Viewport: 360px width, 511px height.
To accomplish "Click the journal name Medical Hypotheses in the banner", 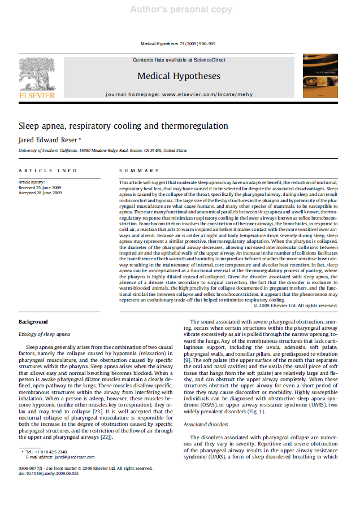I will (179, 76).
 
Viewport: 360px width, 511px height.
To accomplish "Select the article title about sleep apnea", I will (123, 126).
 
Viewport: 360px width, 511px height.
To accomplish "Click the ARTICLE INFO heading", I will (48, 171).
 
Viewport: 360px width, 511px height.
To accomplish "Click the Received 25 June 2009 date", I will (40, 187).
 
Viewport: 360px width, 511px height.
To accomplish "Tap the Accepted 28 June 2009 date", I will (40, 193).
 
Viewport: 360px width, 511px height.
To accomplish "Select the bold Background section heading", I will (33, 322).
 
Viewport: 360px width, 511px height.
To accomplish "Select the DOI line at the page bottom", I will (48, 473).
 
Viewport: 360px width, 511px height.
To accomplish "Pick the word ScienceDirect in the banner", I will (211, 60).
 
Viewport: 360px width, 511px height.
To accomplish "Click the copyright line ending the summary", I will (296, 305).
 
